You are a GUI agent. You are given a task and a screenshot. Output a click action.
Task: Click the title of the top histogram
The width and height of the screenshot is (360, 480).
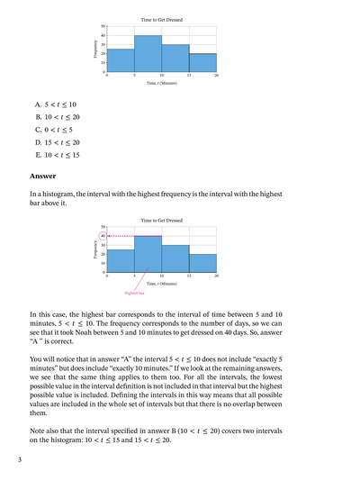tap(162, 19)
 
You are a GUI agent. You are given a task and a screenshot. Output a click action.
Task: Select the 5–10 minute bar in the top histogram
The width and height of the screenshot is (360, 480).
tap(148, 54)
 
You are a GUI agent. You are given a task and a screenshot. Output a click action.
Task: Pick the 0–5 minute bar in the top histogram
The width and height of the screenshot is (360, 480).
tap(121, 60)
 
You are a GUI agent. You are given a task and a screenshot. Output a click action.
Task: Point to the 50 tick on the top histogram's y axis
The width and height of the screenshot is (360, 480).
tap(103, 27)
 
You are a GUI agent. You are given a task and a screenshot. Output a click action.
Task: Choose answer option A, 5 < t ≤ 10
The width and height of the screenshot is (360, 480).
tap(56, 104)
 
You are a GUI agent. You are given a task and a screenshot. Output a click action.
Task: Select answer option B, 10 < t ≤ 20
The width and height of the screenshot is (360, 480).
tap(58, 117)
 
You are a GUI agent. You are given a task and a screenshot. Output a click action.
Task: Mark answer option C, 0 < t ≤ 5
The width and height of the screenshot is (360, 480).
tap(54, 130)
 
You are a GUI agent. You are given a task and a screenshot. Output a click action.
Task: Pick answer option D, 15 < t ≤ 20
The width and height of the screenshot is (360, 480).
tap(58, 142)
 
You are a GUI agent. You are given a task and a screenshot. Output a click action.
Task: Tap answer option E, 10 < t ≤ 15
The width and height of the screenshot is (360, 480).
tap(58, 155)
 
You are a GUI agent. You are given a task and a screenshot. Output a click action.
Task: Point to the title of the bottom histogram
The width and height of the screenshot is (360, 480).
tap(162, 220)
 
